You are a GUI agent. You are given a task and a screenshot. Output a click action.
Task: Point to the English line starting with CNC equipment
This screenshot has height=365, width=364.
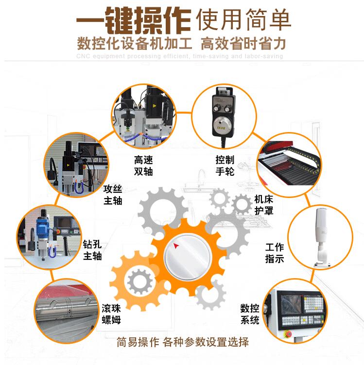(180, 57)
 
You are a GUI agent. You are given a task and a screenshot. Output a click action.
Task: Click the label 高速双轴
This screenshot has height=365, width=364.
(143, 165)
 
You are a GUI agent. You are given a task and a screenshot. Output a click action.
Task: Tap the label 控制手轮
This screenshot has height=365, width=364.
(225, 165)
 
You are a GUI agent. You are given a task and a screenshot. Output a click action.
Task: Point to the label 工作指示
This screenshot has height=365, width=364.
(274, 253)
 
